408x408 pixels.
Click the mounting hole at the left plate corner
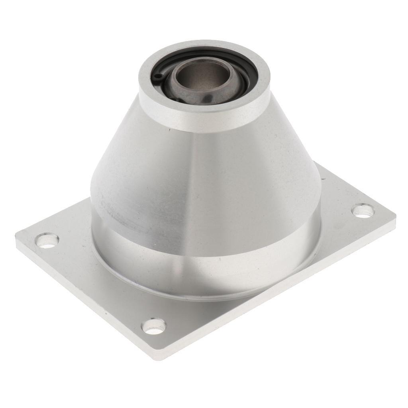(47, 240)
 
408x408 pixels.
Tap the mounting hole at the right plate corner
(364, 210)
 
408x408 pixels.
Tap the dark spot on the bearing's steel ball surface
(207, 97)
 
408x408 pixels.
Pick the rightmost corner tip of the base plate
(396, 217)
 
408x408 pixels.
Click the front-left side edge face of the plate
(80, 303)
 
